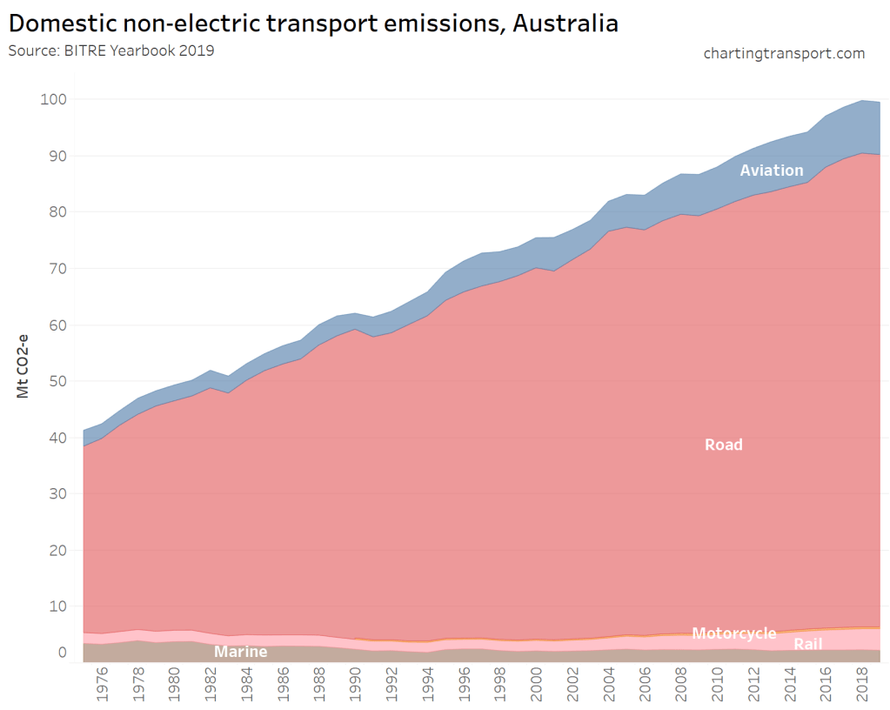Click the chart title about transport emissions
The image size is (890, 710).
coord(313,23)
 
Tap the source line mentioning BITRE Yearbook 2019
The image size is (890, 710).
coord(111,50)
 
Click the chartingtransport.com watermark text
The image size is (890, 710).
coord(784,54)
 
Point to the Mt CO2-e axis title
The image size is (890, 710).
coord(23,365)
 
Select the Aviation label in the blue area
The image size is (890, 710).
coord(771,170)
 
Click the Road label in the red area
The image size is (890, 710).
coord(723,445)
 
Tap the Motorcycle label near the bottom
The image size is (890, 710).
coord(733,633)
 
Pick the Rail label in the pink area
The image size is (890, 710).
coord(807,644)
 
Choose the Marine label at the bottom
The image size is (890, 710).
coord(241,652)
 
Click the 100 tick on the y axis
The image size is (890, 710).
coord(53,99)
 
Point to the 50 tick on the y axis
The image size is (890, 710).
coord(57,381)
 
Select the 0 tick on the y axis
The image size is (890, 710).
coord(62,653)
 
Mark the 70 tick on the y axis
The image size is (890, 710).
coord(57,269)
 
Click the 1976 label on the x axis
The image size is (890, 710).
coord(102,684)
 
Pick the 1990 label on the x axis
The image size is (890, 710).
coord(355,684)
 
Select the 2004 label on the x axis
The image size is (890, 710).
coord(608,684)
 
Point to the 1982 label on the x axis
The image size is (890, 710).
coord(210,684)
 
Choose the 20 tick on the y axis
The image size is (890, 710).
coord(57,551)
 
